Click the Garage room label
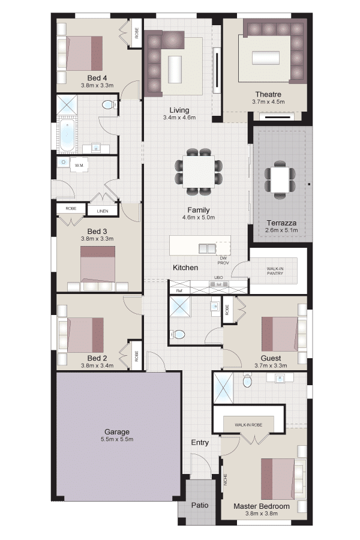tap(117, 431)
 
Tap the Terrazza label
tap(281, 223)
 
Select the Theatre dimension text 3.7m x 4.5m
tap(268, 101)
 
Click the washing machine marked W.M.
tap(79, 166)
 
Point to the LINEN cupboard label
tap(103, 211)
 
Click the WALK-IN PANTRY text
tap(275, 271)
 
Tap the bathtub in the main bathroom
tap(67, 136)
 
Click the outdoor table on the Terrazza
tap(280, 180)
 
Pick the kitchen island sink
tap(207, 248)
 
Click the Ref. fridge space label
tap(179, 290)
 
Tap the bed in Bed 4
tap(85, 53)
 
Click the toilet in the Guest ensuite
tap(178, 334)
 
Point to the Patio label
tap(200, 505)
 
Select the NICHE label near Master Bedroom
tap(226, 479)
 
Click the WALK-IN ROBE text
tap(249, 425)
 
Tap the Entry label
tap(200, 443)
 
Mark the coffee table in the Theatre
tap(266, 58)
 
